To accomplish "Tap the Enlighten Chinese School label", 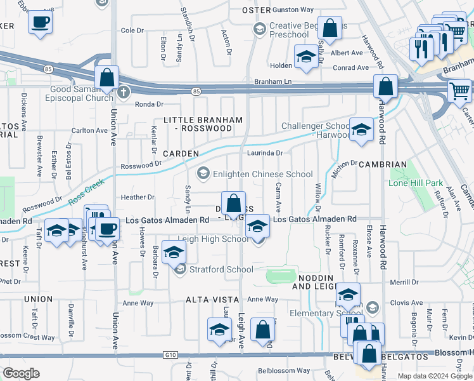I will [x=264, y=174].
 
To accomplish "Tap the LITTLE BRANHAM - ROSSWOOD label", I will [x=198, y=124].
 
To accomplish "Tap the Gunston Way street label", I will [x=293, y=10].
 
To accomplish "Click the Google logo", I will [x=21, y=373].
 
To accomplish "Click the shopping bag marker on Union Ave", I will [x=107, y=78].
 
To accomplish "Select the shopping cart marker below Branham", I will [x=459, y=90].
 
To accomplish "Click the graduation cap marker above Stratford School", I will [x=174, y=252].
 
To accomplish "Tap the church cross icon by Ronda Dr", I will [x=124, y=92].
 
